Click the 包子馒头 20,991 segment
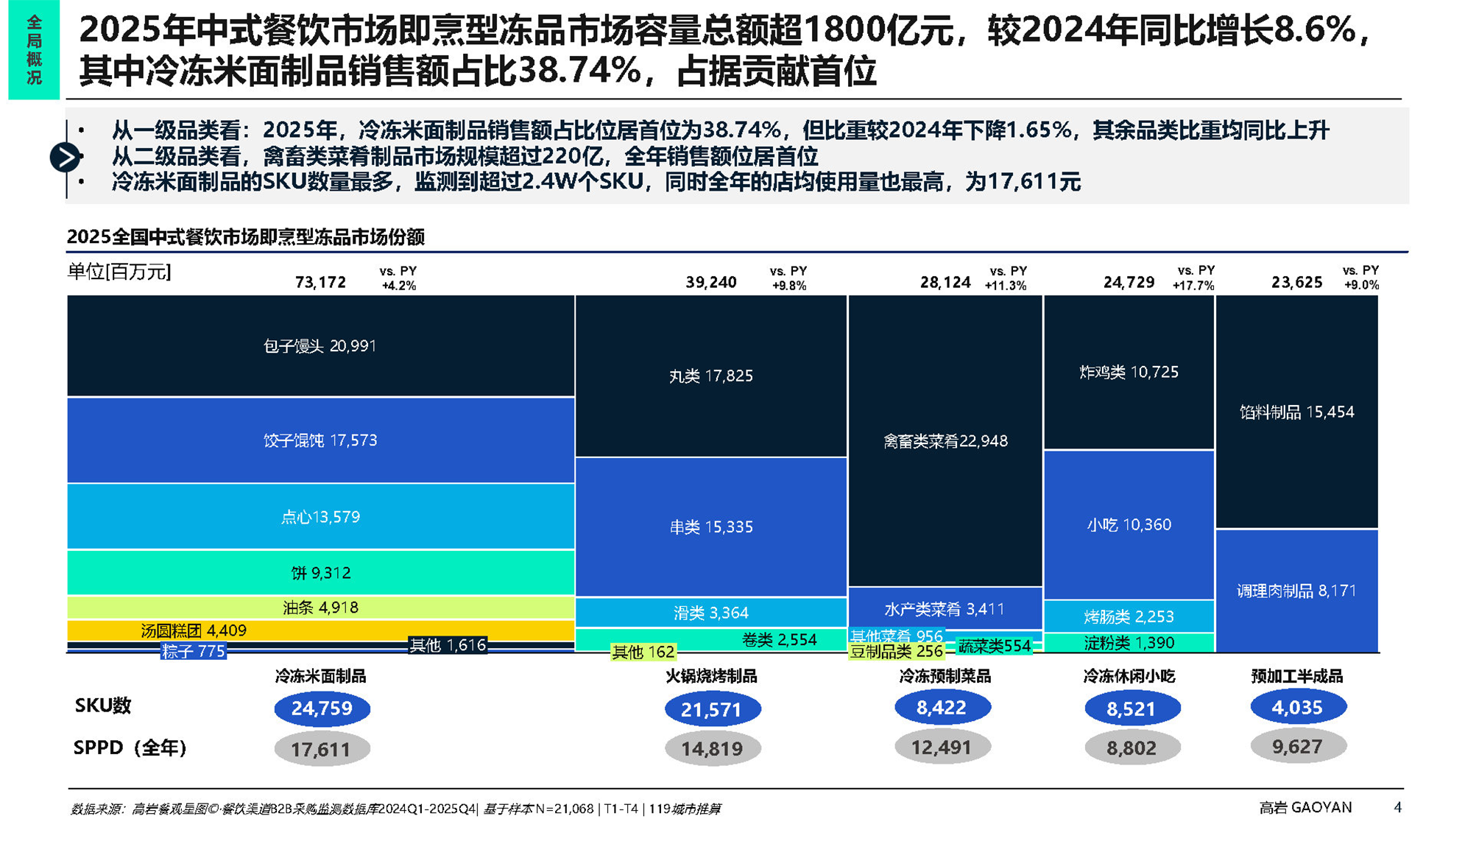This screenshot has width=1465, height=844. pos(320,346)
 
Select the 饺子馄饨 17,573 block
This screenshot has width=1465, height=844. pos(320,440)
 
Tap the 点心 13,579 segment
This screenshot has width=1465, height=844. pos(320,517)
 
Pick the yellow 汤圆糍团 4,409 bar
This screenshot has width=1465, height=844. pos(320,630)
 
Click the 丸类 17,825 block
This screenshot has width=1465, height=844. pos(710,376)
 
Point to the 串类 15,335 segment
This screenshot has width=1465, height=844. pos(710,527)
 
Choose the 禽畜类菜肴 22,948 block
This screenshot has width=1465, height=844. pos(945,441)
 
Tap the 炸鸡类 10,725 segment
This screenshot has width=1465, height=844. pos(1129,373)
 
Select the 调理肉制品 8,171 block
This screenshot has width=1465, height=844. pos(1296,591)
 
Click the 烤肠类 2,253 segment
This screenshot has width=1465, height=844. pos(1129,616)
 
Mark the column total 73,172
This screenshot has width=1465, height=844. pos(320,282)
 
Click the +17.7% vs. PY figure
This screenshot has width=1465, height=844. pos(1193,286)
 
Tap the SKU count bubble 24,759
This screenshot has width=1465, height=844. pos(322,708)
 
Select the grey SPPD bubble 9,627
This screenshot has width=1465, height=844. pos(1297,747)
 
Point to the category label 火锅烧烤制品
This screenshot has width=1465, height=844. pos(711,676)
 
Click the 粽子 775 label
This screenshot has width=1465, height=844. pos(193,652)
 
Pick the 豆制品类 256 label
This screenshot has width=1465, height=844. pos(896,652)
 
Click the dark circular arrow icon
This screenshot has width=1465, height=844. pos(66,157)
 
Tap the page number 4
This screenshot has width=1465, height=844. pos(1397,807)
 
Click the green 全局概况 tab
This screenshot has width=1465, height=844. pos(34,50)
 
